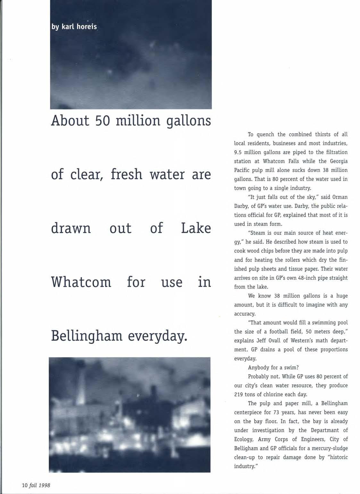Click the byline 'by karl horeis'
(74, 27)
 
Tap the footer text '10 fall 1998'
(36, 485)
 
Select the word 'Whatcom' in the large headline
(81, 282)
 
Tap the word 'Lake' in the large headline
(196, 228)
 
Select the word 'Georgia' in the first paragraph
(339, 161)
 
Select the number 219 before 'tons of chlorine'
(239, 394)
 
